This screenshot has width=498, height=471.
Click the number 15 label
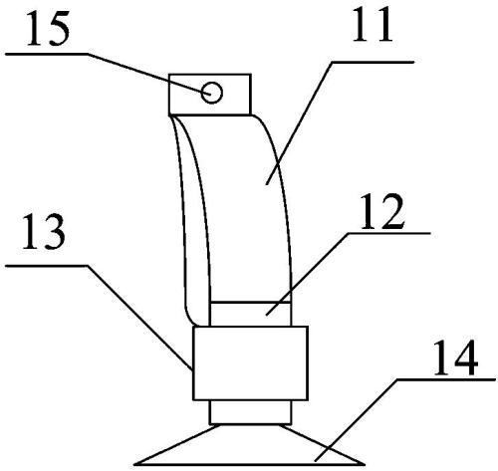49,29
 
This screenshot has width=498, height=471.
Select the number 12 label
382,211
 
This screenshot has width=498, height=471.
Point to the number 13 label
44,232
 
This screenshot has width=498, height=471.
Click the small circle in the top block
211,93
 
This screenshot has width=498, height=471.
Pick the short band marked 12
251,314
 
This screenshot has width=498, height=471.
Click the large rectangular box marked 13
250,363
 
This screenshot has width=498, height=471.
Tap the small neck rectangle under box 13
250,412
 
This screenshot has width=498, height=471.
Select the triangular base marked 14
249,446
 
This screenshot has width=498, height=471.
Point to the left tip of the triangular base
134,464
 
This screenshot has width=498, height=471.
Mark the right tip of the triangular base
365,464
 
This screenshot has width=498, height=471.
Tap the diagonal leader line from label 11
299,122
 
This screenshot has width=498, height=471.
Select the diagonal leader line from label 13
139,317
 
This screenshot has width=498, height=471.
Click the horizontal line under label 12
388,233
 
